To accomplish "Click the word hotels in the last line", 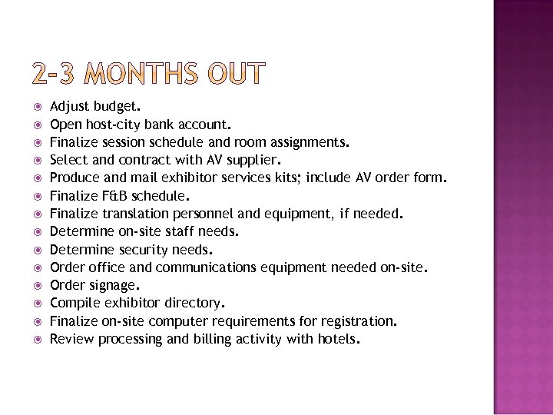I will tap(336, 339).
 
